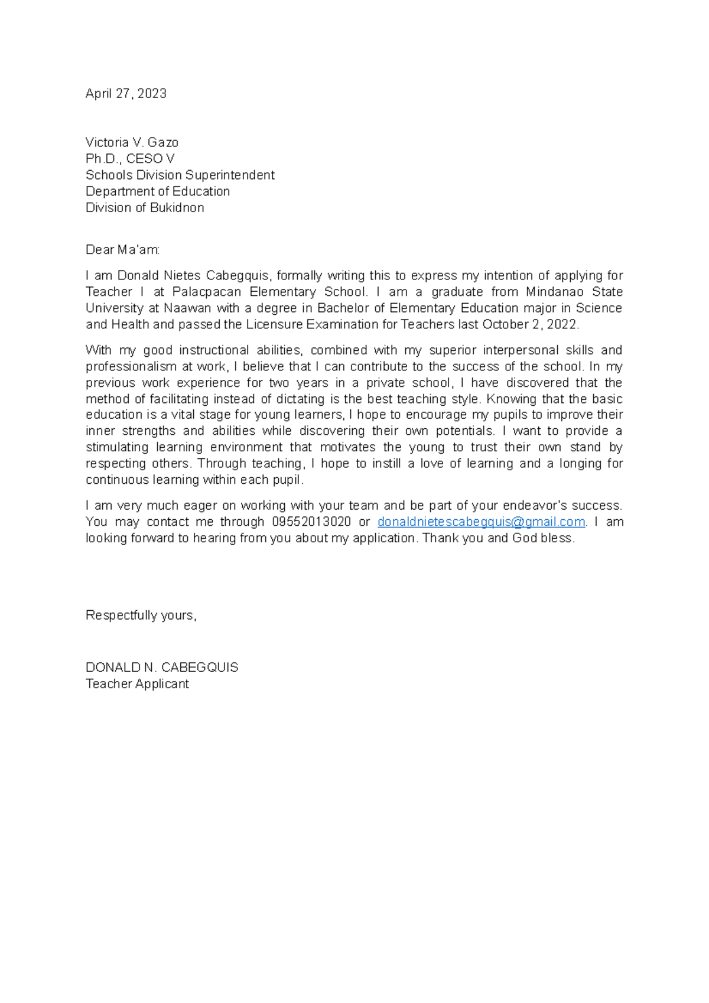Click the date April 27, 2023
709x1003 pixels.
(x=126, y=93)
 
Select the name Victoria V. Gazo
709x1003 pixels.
(x=132, y=142)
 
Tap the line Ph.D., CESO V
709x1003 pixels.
(x=130, y=159)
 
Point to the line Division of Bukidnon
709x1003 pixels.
(x=145, y=208)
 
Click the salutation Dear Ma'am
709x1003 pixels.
(x=122, y=250)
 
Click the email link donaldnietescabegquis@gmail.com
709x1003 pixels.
(x=481, y=522)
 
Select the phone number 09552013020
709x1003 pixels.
(x=311, y=522)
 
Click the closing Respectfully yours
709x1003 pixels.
(x=141, y=616)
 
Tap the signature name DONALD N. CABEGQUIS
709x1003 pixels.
(x=162, y=667)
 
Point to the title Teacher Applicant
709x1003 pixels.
(x=137, y=684)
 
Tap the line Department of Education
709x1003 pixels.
(x=158, y=191)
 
